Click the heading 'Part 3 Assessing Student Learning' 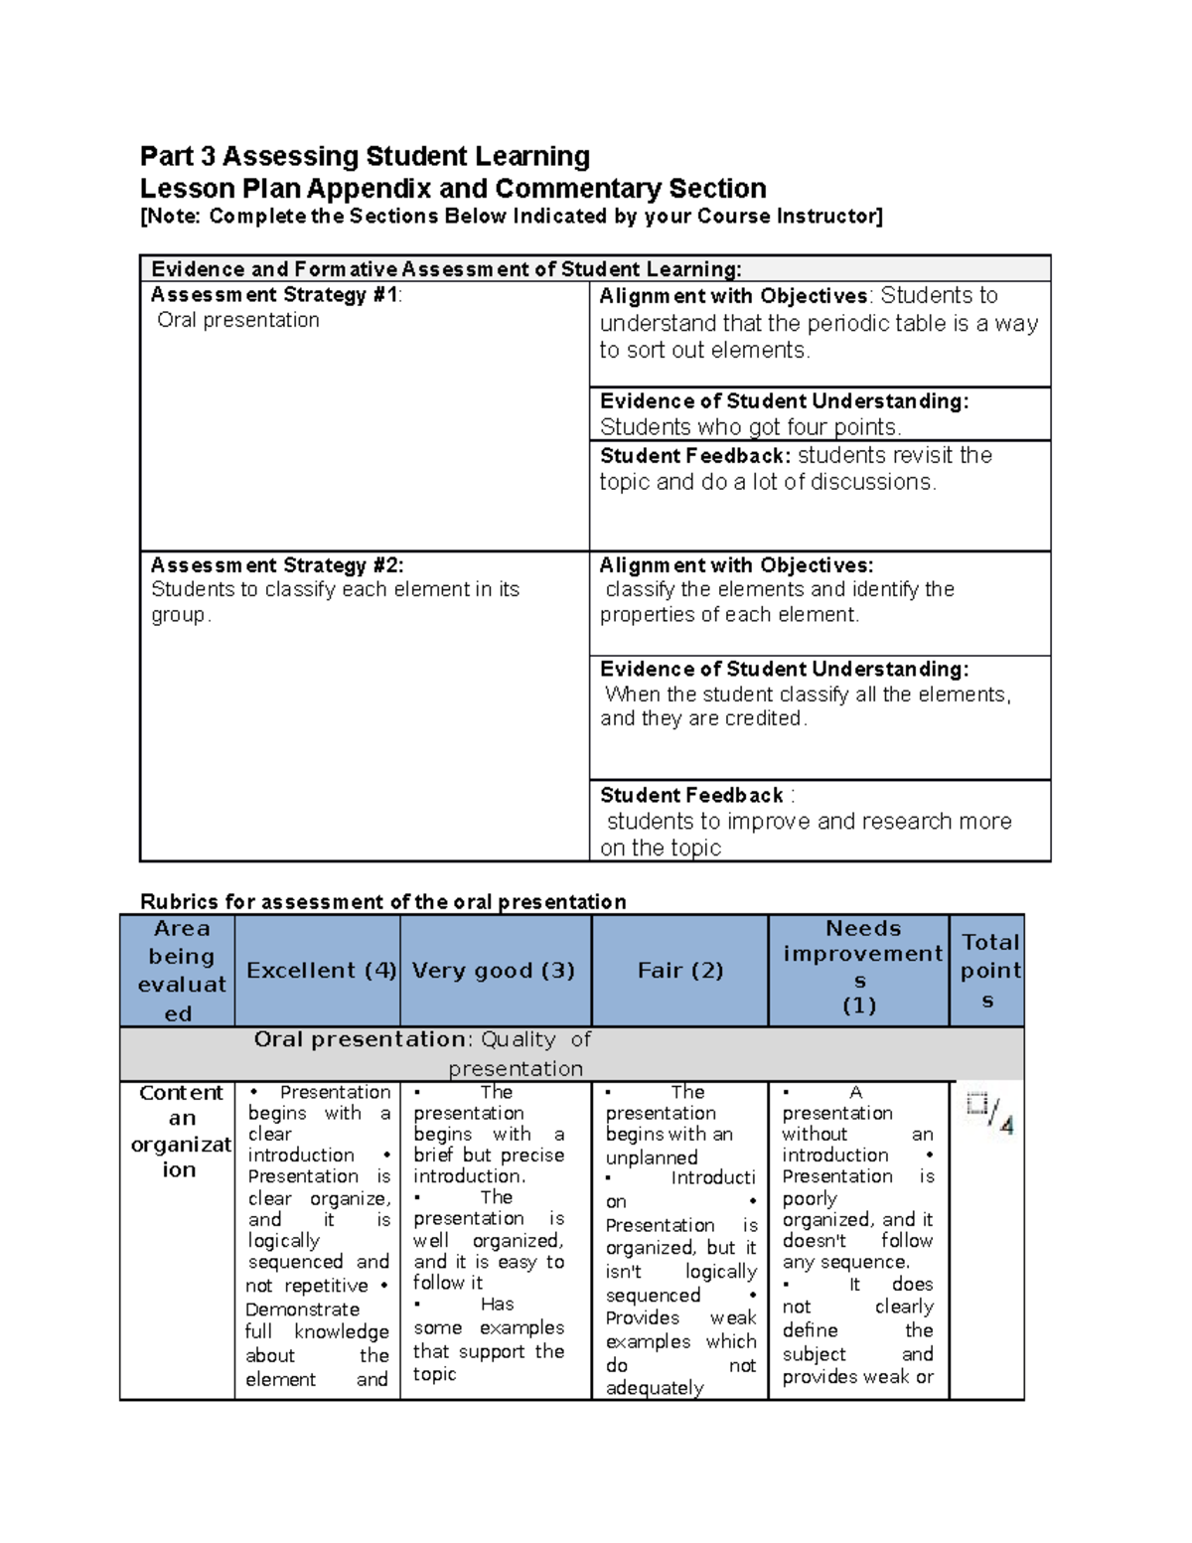coord(365,156)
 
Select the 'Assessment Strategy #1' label coord(275,295)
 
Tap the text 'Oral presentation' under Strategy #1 coord(238,320)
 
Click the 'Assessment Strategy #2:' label coord(277,565)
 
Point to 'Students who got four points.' coord(750,427)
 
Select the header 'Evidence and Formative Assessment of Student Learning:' coord(446,269)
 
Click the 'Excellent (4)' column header coord(321,971)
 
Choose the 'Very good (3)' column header coord(494,971)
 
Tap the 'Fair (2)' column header coord(680,971)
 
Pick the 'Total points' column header coord(989,971)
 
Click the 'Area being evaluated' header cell coord(180,971)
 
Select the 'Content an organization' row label coord(180,1131)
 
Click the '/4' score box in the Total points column coord(990,1113)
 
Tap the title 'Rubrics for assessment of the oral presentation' coord(382,902)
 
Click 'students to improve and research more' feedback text coord(809,822)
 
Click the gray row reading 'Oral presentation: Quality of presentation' coord(517,1053)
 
